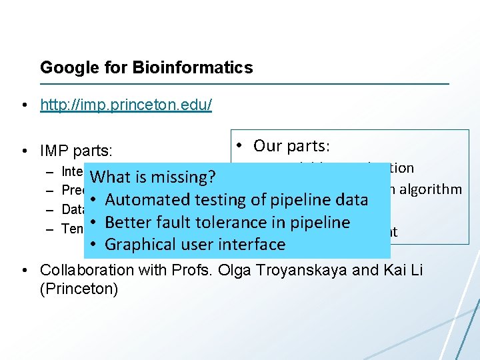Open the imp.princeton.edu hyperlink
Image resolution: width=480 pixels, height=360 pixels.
pos(126,105)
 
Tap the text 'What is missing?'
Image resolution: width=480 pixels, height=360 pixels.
pos(153,177)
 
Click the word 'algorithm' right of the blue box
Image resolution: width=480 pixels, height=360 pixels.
pos(430,189)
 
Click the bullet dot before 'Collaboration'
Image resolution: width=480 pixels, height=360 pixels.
pos(24,270)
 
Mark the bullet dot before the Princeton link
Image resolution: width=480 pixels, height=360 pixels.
pos(24,105)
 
